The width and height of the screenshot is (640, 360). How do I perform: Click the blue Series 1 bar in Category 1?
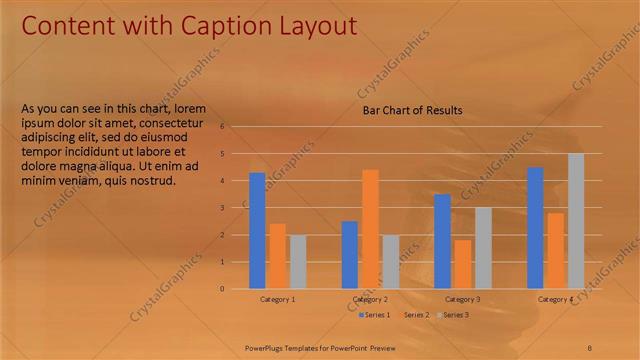point(257,231)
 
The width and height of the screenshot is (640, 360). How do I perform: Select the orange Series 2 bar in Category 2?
point(370,229)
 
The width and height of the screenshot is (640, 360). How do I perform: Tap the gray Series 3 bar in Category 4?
point(576,221)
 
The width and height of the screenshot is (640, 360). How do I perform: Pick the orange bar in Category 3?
point(462,264)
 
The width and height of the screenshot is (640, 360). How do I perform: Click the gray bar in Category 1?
point(298,262)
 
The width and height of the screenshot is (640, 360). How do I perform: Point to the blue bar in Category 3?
point(442,241)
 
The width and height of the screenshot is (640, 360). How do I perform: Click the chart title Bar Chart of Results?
point(412,110)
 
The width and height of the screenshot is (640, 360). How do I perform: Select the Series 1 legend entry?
point(375,315)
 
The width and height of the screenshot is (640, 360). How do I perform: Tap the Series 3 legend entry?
point(452,315)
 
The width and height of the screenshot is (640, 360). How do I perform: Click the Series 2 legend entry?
point(414,315)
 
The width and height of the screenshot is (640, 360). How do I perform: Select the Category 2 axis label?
point(370,299)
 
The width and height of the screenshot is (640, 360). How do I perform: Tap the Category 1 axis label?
point(278,299)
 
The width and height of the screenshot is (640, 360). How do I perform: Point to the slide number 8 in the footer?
point(590,347)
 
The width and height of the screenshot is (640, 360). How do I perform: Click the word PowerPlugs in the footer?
point(268,347)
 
